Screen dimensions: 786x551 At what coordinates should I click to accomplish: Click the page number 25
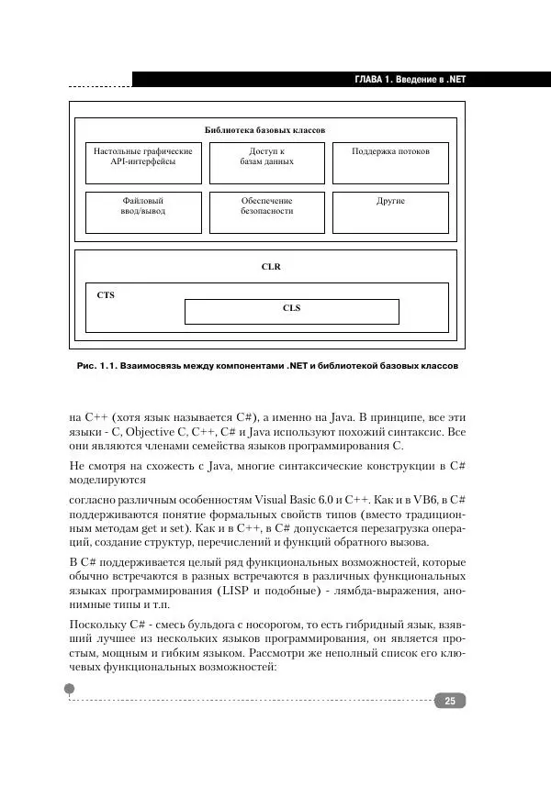449,702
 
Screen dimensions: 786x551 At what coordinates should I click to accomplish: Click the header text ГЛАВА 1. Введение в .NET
410,80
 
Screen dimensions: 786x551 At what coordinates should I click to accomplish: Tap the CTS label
106,296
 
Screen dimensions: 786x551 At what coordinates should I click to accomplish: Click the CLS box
292,312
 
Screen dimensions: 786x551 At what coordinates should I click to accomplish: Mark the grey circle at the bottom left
70,688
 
